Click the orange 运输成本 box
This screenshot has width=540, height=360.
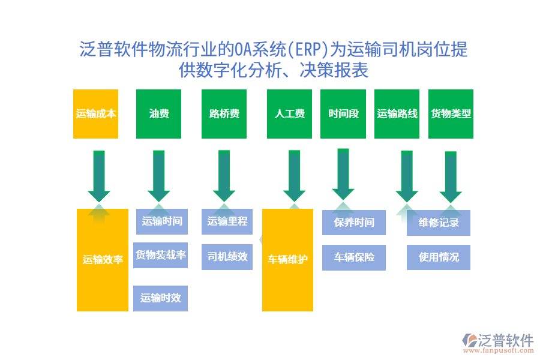[95, 114]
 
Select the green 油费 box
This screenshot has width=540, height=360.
[159, 114]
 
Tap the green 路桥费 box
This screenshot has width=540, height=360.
[224, 114]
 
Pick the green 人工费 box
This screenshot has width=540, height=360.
[289, 114]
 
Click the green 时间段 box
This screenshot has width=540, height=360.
[343, 114]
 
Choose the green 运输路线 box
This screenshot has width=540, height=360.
[397, 114]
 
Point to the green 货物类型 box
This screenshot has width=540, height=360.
[451, 114]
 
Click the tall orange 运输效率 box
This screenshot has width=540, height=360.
[103, 260]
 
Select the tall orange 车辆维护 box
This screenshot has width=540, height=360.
[287, 260]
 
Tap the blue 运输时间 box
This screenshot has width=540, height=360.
[161, 221]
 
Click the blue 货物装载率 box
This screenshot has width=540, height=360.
[160, 255]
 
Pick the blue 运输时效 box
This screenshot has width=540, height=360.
[160, 298]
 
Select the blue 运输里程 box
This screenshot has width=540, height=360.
[227, 221]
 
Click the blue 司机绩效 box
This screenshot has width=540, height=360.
[227, 257]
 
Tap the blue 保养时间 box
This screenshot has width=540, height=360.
[353, 223]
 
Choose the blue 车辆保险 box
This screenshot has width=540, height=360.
[353, 257]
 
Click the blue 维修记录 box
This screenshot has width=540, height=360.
[438, 223]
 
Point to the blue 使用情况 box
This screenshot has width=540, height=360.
[438, 257]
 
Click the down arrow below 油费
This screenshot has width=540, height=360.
[159, 176]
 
